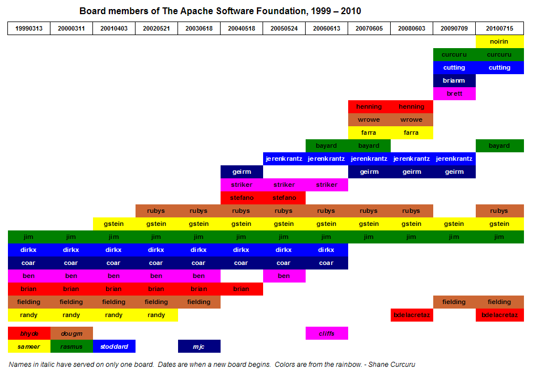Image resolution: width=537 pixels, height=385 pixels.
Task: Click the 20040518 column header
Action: coord(241,28)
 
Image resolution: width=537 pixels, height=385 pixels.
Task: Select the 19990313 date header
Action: coord(29,28)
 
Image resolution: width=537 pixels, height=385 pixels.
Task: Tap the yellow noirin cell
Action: coord(499,41)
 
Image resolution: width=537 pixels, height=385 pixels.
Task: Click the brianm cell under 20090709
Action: coord(454,80)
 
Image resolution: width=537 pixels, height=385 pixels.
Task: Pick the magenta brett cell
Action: coord(454,93)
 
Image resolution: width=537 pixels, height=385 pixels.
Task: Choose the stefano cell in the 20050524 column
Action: coord(284,198)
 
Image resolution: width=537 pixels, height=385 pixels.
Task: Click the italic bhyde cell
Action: coord(29,333)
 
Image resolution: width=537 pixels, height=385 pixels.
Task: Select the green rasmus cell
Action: coord(71,346)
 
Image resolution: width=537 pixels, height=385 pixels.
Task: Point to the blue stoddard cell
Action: coord(114,346)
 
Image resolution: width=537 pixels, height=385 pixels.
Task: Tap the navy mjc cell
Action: coord(198,346)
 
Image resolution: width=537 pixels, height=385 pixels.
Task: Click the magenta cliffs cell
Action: coord(326,333)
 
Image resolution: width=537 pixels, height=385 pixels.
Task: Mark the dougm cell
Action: coord(71,333)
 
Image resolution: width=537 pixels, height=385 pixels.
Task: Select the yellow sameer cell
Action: coord(29,346)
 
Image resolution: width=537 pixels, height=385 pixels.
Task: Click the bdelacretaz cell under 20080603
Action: coord(411,315)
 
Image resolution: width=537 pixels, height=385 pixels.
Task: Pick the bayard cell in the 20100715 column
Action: coord(499,146)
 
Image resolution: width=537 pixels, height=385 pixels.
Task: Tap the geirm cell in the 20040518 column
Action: coord(241,172)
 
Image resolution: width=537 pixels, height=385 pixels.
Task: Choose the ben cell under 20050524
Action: coord(284,276)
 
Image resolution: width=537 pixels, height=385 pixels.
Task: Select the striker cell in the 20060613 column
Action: coord(326,185)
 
